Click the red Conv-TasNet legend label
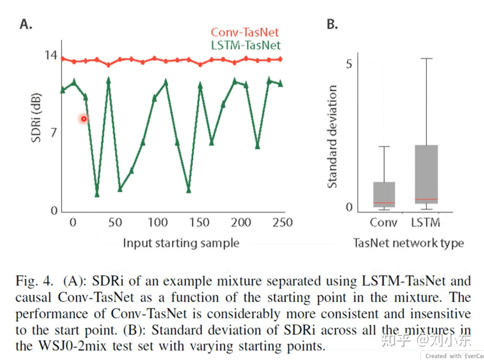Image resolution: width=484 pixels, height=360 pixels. coord(245,33)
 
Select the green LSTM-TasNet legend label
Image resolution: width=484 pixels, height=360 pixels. coord(246,45)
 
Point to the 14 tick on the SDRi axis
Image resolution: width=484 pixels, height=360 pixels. coord(51,55)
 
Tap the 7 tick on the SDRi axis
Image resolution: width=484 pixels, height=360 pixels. coord(54,133)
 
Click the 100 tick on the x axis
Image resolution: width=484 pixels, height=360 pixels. coord(158,223)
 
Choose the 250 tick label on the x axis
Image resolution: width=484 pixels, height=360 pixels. coord(283,223)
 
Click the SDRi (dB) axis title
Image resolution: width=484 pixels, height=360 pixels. coord(36,118)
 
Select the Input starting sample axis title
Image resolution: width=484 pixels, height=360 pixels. coord(181,243)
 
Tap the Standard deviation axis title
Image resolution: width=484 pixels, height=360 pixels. coord(332,136)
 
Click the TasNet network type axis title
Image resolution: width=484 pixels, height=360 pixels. coord(408,243)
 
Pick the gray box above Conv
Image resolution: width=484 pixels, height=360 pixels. coord(384,194)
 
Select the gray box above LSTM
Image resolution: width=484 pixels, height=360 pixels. coord(426,174)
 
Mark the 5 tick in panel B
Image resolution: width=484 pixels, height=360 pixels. coord(349,64)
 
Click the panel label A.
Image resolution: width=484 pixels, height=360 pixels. coord(26,24)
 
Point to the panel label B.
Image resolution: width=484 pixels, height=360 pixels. coord(332,24)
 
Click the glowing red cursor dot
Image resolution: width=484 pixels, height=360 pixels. coord(84,119)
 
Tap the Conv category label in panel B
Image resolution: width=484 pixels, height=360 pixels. coord(383,223)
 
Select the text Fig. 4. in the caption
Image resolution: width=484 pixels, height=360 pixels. coord(34,281)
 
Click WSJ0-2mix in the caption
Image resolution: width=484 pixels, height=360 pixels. coord(72,346)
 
